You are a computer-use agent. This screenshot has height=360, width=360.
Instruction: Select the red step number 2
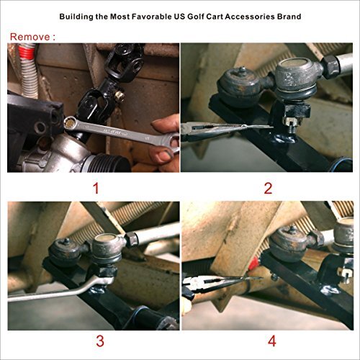click(267, 189)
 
